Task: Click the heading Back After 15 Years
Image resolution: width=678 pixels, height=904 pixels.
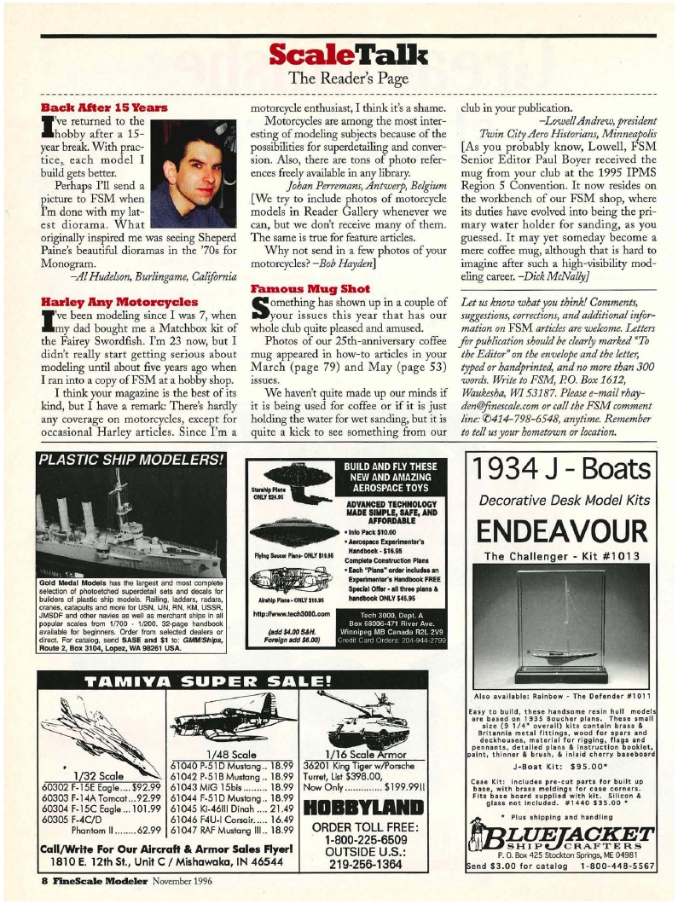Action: [x=104, y=108]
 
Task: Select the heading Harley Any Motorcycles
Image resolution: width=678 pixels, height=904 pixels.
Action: [x=113, y=302]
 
